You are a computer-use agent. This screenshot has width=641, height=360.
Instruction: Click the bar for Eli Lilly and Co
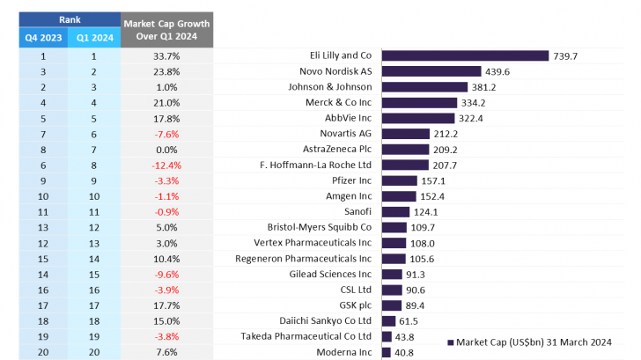pos(465,55)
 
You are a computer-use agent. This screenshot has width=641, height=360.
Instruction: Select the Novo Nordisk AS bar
pos(431,71)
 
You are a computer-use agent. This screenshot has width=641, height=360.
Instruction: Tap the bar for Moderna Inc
pos(386,352)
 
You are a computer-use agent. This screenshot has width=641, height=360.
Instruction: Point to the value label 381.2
pos(484,87)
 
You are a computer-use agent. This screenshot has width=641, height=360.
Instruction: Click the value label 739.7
pos(566,55)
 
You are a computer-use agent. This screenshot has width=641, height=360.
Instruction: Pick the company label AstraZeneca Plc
pos(337,150)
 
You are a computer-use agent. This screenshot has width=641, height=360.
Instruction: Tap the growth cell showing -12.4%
pos(166,165)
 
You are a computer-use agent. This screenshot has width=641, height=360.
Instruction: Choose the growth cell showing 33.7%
pos(166,55)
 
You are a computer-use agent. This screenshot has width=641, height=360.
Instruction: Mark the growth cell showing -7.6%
pos(166,134)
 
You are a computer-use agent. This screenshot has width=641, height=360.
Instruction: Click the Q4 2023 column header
pos(42,37)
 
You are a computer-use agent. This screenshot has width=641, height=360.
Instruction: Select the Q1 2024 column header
pos(95,37)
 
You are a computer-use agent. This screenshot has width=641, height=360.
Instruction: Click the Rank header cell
pos(69,18)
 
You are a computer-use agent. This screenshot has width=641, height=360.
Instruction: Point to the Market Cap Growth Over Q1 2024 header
pos(166,29)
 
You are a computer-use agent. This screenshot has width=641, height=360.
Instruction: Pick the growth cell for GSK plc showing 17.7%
pos(166,305)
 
